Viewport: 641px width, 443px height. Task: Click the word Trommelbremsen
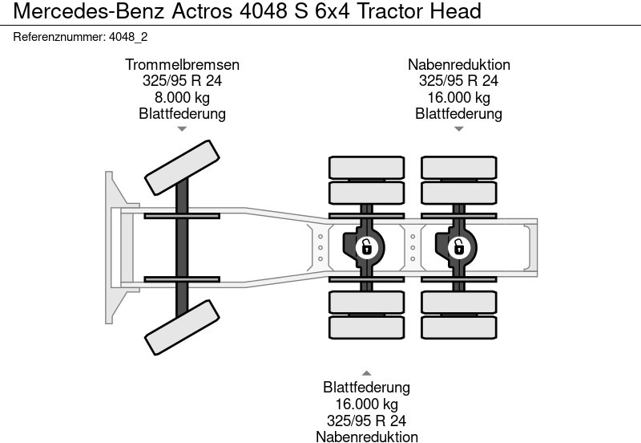coord(182,65)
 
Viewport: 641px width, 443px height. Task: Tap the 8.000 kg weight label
coord(182,97)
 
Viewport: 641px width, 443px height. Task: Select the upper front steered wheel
coord(181,167)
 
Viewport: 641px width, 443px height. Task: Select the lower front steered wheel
coord(181,327)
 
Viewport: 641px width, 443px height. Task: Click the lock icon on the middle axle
coord(366,247)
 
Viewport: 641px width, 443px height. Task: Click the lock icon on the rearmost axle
coord(458,247)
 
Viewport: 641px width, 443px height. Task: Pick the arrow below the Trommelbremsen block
coord(182,128)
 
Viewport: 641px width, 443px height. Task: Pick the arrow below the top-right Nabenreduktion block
coord(458,128)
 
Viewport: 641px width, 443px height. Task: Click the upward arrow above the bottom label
coord(366,372)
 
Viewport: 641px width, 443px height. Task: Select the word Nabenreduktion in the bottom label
coord(366,436)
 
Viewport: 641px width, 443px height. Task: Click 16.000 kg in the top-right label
coord(458,97)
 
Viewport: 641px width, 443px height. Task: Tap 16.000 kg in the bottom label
coord(366,404)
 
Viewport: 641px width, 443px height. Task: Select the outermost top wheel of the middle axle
coord(366,167)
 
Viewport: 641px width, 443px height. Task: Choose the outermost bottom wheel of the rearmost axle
coord(458,327)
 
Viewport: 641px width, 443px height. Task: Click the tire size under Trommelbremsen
coord(182,81)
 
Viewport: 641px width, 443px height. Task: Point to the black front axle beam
coord(183,247)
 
